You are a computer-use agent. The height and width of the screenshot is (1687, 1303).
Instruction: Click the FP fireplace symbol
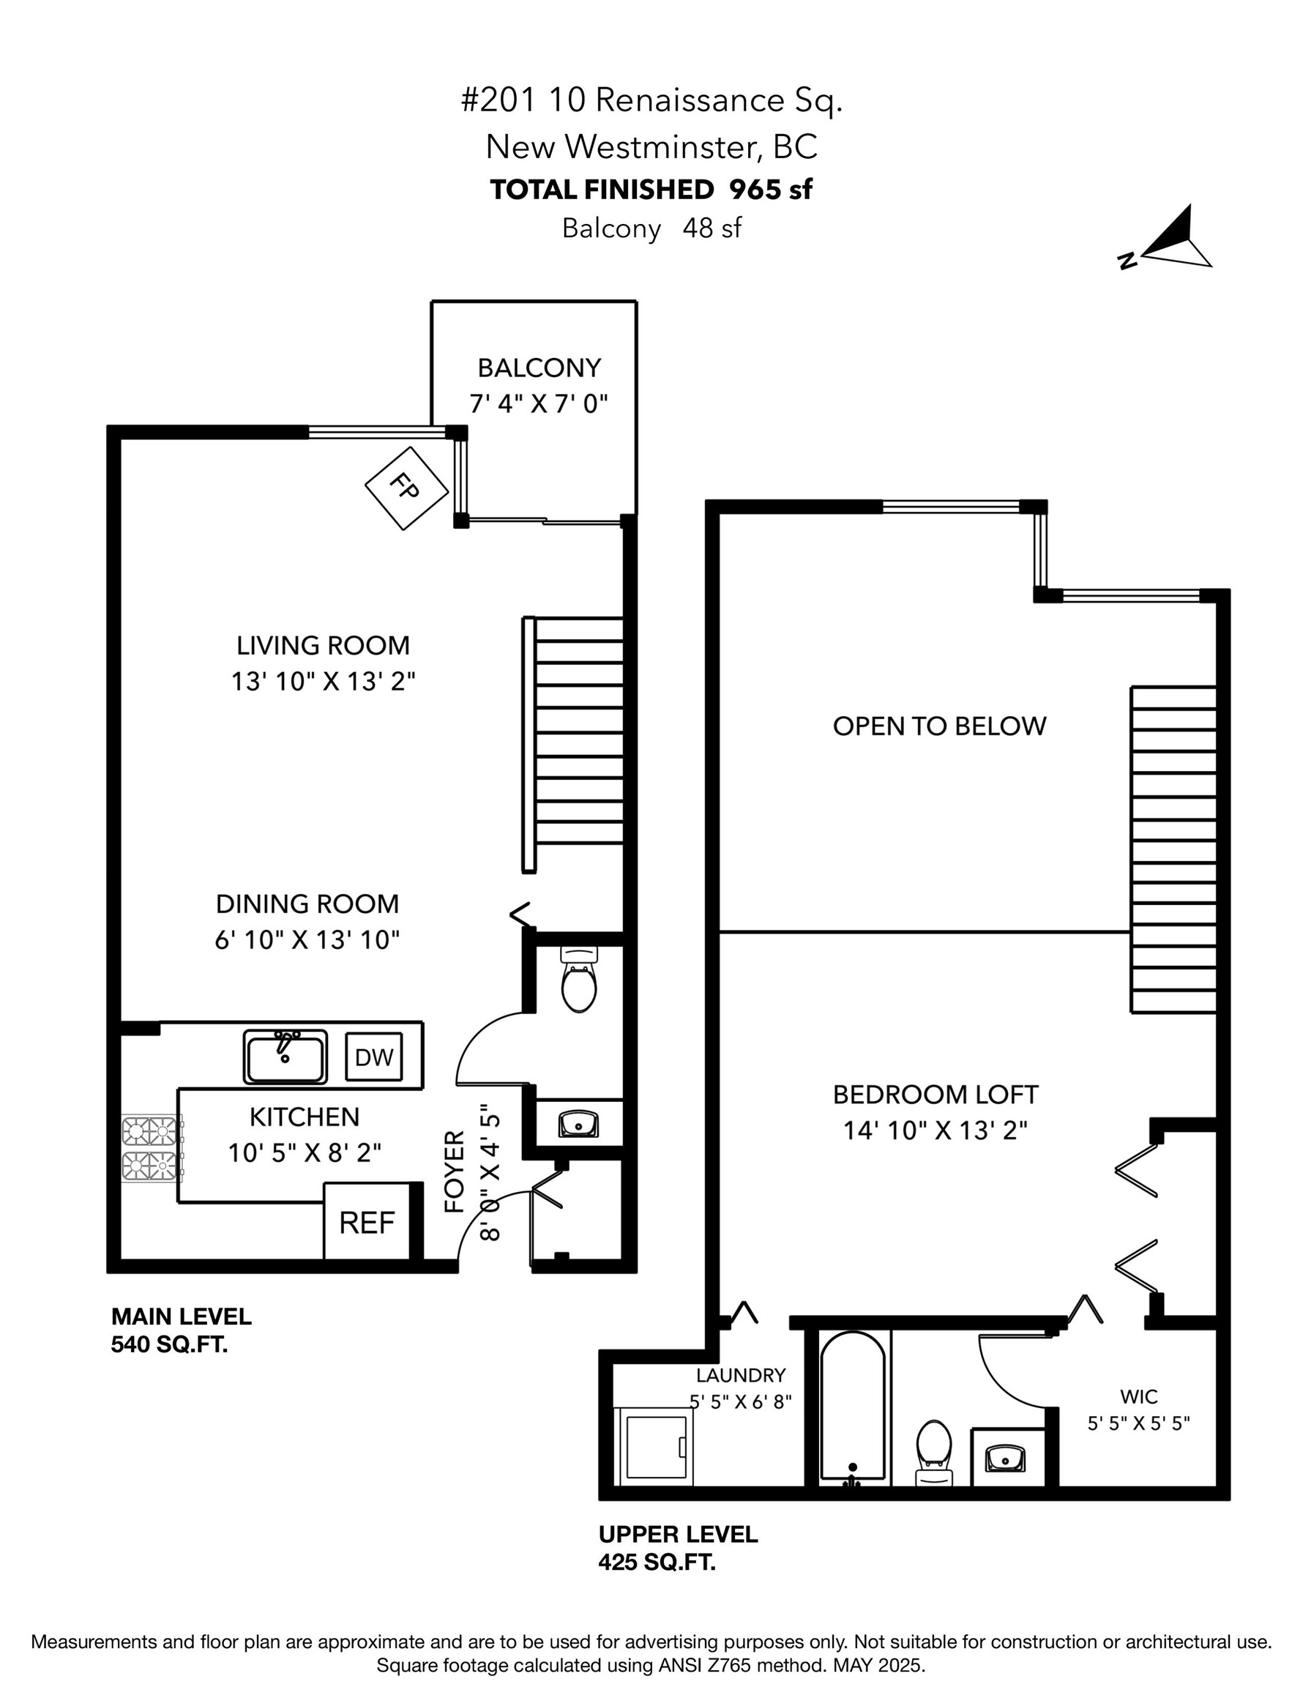click(x=406, y=488)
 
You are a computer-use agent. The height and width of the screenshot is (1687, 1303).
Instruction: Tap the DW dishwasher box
click(x=374, y=1057)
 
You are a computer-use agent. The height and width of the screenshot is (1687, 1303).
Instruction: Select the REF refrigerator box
click(x=366, y=1222)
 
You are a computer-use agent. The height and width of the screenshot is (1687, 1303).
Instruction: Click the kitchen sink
click(x=285, y=1057)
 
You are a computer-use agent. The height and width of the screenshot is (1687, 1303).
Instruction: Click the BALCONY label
click(x=538, y=368)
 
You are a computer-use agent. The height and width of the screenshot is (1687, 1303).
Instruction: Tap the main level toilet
click(x=578, y=981)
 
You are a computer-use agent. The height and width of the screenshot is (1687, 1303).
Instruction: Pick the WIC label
click(x=1138, y=1396)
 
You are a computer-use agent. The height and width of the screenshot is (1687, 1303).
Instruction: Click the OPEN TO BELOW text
click(x=939, y=726)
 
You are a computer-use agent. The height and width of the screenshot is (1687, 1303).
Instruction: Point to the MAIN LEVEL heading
click(x=182, y=1317)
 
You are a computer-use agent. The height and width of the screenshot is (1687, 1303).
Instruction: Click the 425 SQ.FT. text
click(x=657, y=1563)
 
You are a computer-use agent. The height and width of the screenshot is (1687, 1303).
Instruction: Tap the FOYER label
click(x=455, y=1171)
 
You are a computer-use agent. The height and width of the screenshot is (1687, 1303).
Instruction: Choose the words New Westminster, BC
click(x=651, y=146)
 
